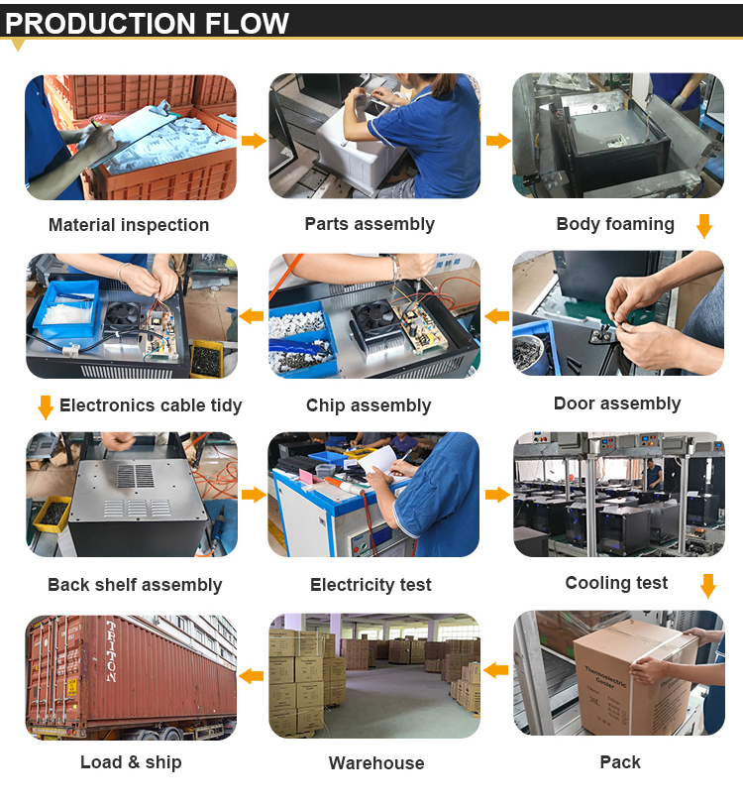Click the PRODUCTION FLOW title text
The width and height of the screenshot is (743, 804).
(x=147, y=23)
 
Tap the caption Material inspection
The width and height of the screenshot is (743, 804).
(x=129, y=225)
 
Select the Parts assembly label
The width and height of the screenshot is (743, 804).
(x=370, y=224)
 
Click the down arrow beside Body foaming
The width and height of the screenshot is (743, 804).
(x=705, y=226)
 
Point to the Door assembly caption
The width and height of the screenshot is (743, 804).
(x=617, y=403)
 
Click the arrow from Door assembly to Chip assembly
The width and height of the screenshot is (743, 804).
(x=496, y=316)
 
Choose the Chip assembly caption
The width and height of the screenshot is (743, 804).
(x=369, y=405)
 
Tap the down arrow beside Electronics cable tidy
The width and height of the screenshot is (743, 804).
(x=46, y=407)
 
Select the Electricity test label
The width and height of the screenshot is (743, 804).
(x=371, y=585)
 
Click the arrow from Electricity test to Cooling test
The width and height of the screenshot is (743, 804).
(x=497, y=495)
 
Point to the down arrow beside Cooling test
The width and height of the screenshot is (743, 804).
(x=708, y=586)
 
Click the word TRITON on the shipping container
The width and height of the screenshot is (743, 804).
(x=111, y=651)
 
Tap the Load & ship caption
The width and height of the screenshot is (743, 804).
(x=131, y=762)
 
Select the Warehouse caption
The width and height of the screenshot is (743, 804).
(x=376, y=763)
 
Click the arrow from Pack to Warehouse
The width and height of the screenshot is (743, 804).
(x=495, y=669)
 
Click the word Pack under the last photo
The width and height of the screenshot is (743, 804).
(x=620, y=762)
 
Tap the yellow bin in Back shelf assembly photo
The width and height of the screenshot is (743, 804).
(x=53, y=513)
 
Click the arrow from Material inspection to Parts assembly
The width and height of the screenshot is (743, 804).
(x=254, y=140)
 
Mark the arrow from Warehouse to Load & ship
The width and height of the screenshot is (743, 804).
(x=251, y=676)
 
